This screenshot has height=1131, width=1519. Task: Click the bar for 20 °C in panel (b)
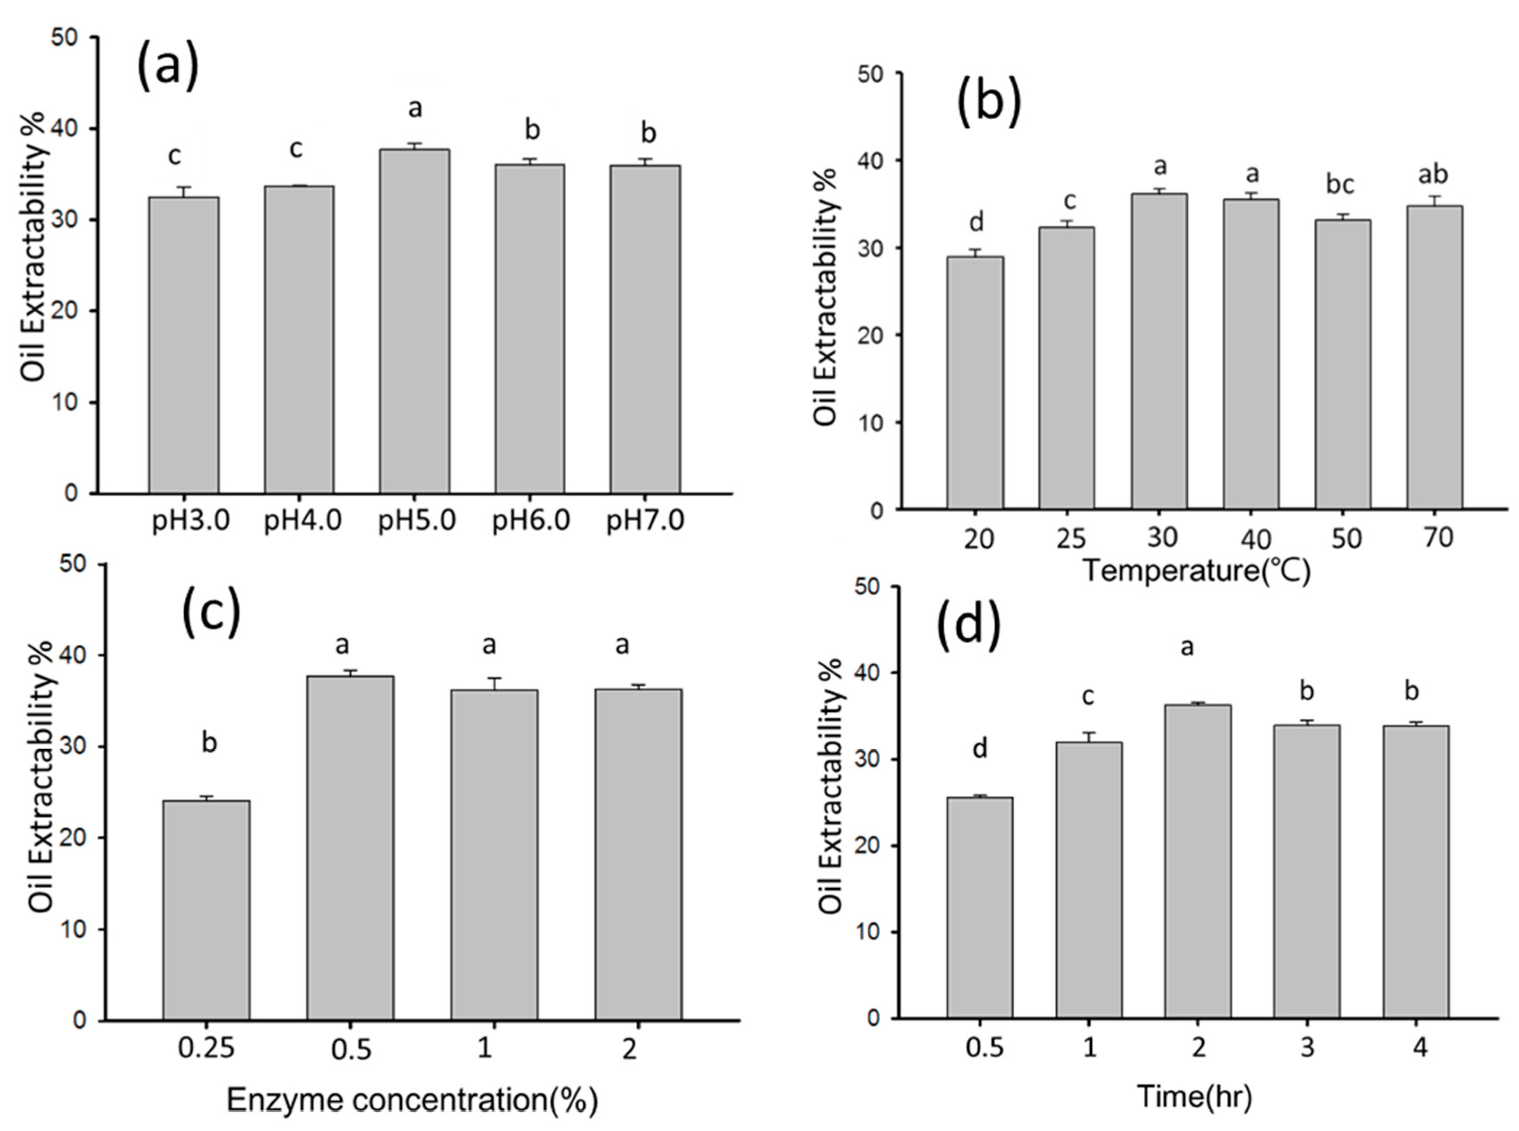coord(975,384)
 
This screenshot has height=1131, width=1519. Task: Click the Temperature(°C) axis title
coord(1196,570)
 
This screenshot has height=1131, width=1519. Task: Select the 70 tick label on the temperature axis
coord(1437,537)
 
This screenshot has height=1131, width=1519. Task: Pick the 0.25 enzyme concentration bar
coord(206,911)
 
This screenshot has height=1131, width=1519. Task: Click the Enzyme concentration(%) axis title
coord(412,1100)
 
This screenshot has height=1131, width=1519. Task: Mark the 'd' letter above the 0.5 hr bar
coord(980,748)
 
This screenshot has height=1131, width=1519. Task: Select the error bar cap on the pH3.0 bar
coord(183,187)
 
